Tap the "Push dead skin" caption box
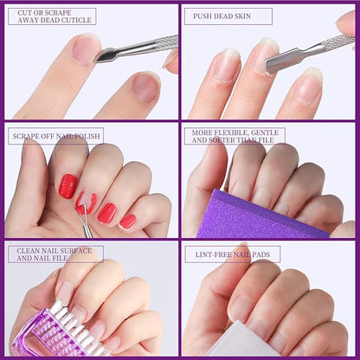(x=228, y=16)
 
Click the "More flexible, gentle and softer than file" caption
(x=235, y=136)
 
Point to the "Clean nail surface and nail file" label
(x=55, y=254)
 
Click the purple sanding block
(x=260, y=215)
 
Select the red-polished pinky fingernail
(x=127, y=222)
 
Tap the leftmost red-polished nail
(x=67, y=186)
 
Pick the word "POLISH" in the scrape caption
(x=87, y=136)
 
